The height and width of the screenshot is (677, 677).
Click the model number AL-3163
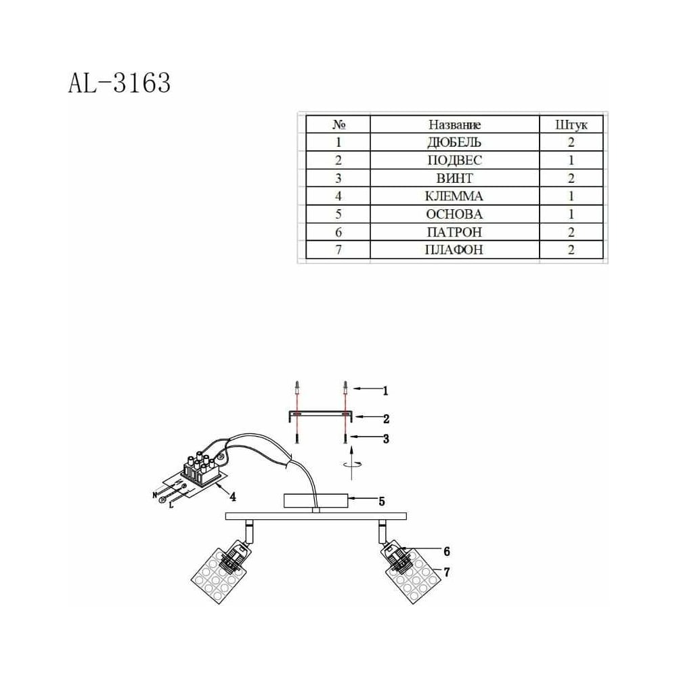tap(119, 83)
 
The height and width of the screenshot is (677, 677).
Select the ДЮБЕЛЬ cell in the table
tap(454, 142)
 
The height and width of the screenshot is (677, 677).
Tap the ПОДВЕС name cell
tap(454, 160)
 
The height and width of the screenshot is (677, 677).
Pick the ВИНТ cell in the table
tap(454, 178)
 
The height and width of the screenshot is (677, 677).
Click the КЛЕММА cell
tap(454, 196)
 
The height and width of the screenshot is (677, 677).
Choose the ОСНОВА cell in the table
tap(454, 214)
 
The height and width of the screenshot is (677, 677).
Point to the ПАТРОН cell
tap(454, 232)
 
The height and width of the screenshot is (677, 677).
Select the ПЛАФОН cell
tap(454, 250)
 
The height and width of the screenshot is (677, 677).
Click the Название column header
tap(454, 125)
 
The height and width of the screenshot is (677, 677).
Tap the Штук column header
tap(571, 125)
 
